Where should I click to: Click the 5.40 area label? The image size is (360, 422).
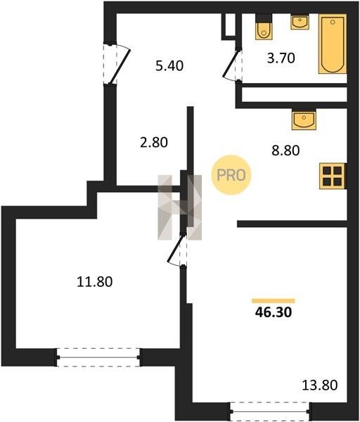169,65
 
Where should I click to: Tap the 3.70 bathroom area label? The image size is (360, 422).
281,58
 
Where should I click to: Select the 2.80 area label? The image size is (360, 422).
154,142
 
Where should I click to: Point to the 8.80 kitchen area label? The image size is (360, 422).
285,151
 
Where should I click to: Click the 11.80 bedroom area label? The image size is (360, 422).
95,282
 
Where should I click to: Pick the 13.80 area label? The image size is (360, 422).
320,385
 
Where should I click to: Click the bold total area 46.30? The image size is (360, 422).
274,312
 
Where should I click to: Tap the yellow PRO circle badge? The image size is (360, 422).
231,175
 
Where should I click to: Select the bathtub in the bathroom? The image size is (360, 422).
333,44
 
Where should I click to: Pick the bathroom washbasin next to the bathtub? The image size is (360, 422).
300,22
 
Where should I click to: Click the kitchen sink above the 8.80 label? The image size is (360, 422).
304,120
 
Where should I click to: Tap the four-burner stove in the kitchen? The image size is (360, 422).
333,176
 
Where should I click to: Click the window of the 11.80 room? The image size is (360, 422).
98,357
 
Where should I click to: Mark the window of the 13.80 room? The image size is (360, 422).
270,411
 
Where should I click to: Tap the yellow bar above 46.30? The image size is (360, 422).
274,301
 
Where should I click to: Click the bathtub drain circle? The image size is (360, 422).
333,23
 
